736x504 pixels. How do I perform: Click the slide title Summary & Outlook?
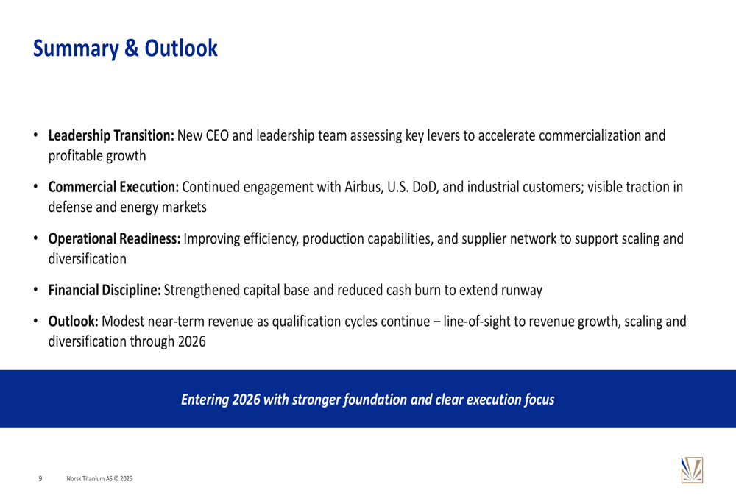125,49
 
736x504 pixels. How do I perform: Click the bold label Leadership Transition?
111,135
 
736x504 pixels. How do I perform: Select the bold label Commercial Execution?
113,187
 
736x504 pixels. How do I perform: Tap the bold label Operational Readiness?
115,239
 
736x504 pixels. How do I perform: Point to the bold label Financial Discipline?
105,291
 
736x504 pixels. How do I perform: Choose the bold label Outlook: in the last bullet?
73,322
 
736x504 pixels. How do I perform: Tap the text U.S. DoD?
412,187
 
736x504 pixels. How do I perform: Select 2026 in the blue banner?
247,400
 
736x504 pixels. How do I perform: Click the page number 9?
40,479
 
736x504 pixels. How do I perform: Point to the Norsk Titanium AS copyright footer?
99,479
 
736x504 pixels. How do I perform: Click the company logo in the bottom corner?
692,470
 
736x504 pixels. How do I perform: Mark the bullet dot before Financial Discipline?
35,291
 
